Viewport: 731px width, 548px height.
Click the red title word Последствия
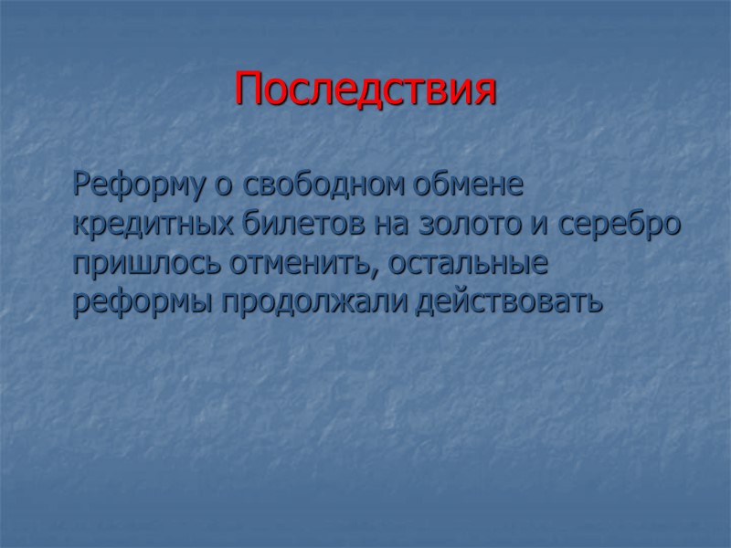(365, 90)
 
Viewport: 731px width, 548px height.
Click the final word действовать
(509, 302)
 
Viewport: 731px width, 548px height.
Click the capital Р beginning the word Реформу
(82, 186)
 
